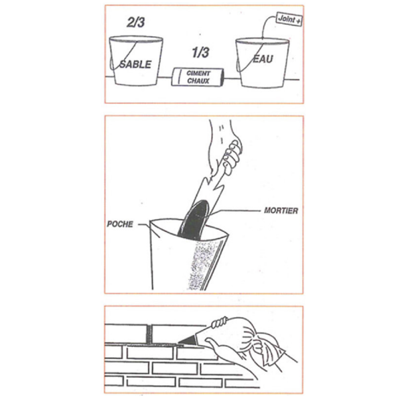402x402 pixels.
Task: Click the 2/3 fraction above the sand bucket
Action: tap(135, 22)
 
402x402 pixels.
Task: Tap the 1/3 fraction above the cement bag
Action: tap(200, 52)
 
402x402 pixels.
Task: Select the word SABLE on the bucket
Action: tap(135, 64)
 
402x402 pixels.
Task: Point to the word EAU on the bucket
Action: tap(263, 59)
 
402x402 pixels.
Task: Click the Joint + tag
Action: tap(289, 19)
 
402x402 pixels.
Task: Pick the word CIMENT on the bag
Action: tap(198, 73)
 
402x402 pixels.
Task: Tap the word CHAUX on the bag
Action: tap(198, 81)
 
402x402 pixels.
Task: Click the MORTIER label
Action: tap(281, 211)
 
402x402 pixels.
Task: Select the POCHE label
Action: tap(120, 224)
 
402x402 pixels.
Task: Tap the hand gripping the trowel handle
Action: tap(228, 151)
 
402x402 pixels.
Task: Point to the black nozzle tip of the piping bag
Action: tap(187, 340)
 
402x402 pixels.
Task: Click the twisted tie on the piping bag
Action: tap(220, 322)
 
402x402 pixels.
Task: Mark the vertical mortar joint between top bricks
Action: tap(148, 334)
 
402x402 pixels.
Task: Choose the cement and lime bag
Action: tap(198, 77)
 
